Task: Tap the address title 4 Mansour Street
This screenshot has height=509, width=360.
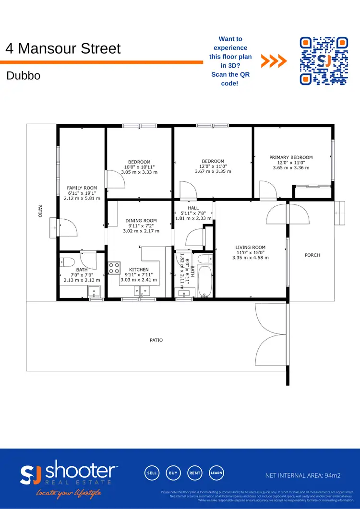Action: click(63, 48)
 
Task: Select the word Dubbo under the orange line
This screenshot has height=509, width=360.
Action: click(23, 76)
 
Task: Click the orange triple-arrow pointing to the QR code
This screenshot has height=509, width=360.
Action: click(274, 61)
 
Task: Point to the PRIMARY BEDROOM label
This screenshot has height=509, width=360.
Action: click(291, 157)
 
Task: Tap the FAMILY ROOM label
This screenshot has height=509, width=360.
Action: click(82, 188)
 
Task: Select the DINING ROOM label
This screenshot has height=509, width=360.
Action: click(141, 221)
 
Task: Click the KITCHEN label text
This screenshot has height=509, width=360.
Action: click(139, 270)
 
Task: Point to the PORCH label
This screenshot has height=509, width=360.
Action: click(312, 255)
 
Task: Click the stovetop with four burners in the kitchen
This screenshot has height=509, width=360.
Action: click(114, 268)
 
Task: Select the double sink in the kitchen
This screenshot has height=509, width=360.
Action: click(142, 290)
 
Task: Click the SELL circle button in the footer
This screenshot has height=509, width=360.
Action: click(152, 473)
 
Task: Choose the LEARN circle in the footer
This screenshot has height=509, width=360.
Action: click(216, 473)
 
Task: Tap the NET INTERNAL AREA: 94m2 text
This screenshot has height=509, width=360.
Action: click(303, 476)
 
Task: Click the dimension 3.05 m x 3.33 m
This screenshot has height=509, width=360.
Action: click(139, 172)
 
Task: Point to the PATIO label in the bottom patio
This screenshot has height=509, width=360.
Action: click(156, 340)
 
